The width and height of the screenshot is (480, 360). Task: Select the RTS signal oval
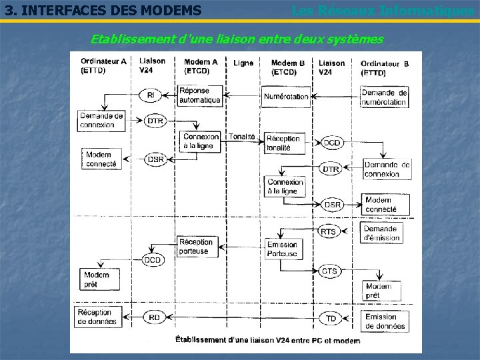click(329, 231)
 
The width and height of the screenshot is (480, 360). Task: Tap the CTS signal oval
click(329, 271)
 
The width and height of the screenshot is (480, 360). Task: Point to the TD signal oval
click(331, 319)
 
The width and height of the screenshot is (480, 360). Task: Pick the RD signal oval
click(154, 318)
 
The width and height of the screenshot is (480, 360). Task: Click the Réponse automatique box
click(199, 95)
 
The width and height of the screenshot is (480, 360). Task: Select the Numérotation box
click(286, 96)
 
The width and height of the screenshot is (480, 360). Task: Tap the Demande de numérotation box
click(385, 97)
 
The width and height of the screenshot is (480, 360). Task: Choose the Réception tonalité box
click(283, 143)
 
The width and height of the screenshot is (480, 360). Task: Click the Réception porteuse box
click(195, 247)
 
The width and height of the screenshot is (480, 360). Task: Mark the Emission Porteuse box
click(282, 249)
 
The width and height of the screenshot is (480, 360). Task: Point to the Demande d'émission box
click(381, 233)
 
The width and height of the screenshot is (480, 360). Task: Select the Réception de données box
click(97, 317)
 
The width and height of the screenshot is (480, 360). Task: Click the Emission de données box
click(385, 321)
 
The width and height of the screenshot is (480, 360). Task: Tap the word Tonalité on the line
click(242, 137)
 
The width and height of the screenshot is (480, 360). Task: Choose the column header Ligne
click(243, 63)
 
